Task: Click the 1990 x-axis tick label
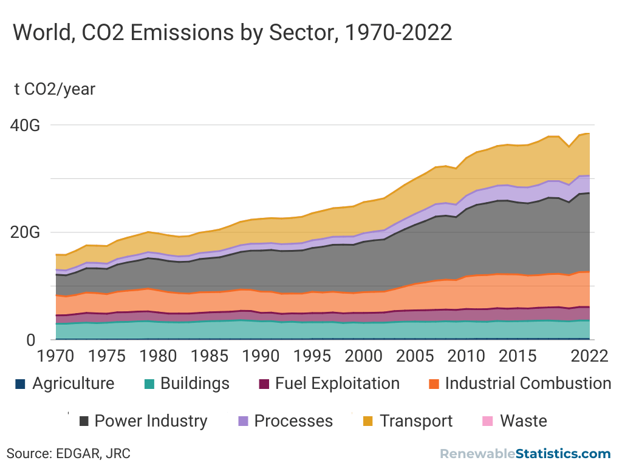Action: [261, 356]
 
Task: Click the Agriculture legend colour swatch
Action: [20, 384]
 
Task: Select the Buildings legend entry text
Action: [195, 384]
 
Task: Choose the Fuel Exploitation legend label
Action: [337, 384]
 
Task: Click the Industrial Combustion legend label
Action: [528, 384]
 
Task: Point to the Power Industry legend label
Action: [151, 421]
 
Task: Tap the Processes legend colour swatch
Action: [243, 421]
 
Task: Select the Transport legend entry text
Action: [416, 421]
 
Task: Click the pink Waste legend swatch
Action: [487, 421]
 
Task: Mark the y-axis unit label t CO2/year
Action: [55, 89]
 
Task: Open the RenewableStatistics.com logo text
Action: [525, 453]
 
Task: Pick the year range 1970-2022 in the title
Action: [398, 32]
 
